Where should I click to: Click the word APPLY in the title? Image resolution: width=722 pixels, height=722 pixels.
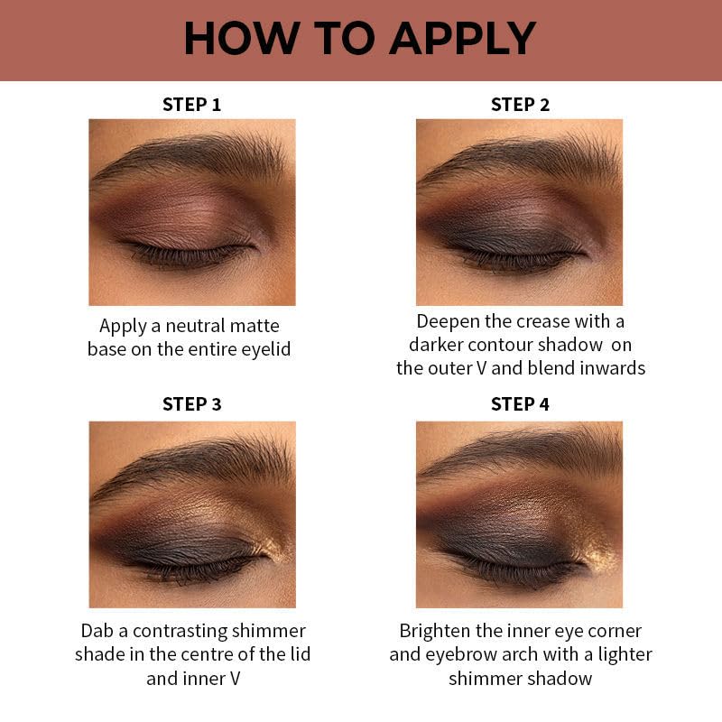coord(462,38)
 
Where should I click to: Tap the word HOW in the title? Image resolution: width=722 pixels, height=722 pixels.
coord(242,38)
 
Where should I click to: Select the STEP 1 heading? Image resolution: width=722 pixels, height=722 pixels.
coord(191,105)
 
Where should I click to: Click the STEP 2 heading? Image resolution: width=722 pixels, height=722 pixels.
coord(520,105)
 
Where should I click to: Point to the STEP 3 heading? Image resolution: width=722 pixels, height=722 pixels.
coord(191,403)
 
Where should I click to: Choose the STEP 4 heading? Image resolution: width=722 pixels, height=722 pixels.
coord(520,403)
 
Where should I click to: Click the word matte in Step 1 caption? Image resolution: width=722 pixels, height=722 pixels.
coord(255,326)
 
